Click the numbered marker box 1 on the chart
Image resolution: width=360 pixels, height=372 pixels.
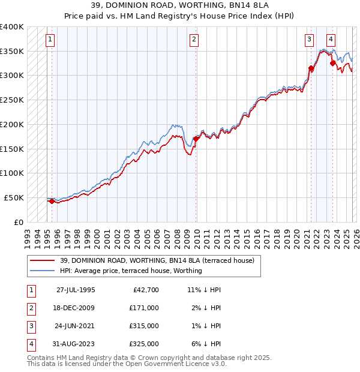click(50, 40)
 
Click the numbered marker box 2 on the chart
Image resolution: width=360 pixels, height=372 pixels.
click(194, 40)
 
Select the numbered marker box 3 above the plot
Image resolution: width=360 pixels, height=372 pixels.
click(309, 40)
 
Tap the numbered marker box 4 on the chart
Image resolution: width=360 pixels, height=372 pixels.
click(331, 40)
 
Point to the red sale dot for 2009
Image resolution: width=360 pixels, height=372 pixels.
click(196, 139)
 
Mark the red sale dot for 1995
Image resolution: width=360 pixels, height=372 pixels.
click(52, 202)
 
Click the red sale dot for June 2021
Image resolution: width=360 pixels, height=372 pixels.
click(311, 68)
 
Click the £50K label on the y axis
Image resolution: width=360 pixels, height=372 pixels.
click(14, 197)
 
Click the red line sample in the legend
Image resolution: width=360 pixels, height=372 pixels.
click(43, 260)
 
